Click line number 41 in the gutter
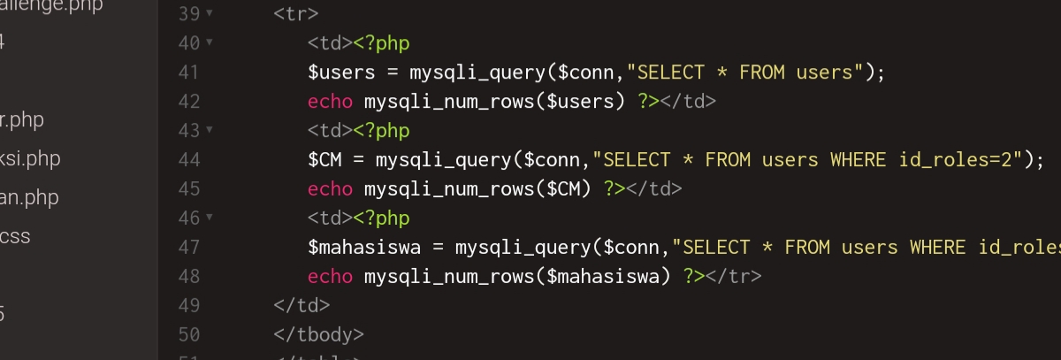point(188,73)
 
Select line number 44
point(188,160)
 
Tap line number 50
point(188,335)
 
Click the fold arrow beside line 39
point(209,15)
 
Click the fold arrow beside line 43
point(209,131)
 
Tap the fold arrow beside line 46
point(209,218)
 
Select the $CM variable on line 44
point(324,160)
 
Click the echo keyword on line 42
point(330,102)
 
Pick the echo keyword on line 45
point(330,189)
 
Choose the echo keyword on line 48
point(330,277)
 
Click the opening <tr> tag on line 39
point(296,15)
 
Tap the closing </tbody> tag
point(318,335)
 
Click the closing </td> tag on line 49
point(302,306)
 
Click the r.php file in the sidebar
point(21,120)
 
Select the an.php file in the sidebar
point(28,197)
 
